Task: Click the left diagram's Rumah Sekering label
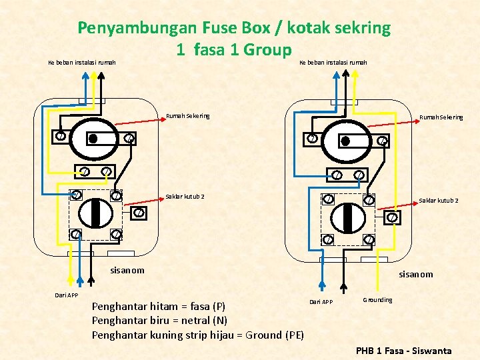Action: pyautogui.click(x=187, y=116)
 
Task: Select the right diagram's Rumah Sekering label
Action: pyautogui.click(x=441, y=117)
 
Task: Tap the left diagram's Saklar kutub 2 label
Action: pyautogui.click(x=185, y=197)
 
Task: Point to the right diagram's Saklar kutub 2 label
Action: pyautogui.click(x=438, y=200)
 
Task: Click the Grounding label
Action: pyautogui.click(x=377, y=300)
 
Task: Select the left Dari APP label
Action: pyautogui.click(x=66, y=295)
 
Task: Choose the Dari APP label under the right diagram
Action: pyautogui.click(x=321, y=302)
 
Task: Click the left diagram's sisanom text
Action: pyautogui.click(x=127, y=270)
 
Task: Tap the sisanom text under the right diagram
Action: pyautogui.click(x=415, y=274)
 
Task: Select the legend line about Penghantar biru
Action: pyautogui.click(x=159, y=321)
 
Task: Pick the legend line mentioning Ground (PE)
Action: pyautogui.click(x=197, y=335)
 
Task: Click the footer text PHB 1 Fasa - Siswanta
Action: pyautogui.click(x=403, y=351)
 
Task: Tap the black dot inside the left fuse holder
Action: pyautogui.click(x=93, y=138)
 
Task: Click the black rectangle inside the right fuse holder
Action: pyautogui.click(x=345, y=141)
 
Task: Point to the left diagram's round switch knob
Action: pyautogui.click(x=95, y=213)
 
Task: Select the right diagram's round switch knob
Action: pyautogui.click(x=347, y=217)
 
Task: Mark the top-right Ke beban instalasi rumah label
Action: pyautogui.click(x=333, y=63)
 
